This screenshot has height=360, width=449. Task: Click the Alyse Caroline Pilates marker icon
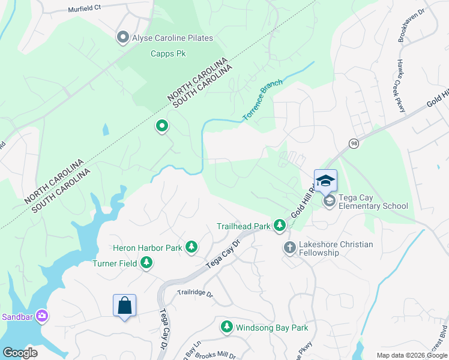click(123, 38)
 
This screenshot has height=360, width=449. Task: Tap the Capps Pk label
click(168, 53)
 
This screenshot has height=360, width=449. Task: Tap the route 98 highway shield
click(354, 143)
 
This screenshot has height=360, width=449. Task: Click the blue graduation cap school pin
click(325, 181)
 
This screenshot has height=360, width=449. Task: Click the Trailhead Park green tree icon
click(279, 225)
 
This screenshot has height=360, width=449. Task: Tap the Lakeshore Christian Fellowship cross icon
click(289, 247)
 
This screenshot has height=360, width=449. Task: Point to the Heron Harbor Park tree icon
click(191, 247)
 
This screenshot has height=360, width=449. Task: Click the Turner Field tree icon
click(146, 262)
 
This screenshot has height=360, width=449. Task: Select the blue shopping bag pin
click(124, 305)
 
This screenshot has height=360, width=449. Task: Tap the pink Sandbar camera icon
click(42, 315)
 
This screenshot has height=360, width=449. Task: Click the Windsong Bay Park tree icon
click(226, 327)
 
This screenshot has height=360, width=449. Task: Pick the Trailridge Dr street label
click(195, 293)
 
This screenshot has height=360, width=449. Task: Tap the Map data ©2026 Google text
click(411, 355)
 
